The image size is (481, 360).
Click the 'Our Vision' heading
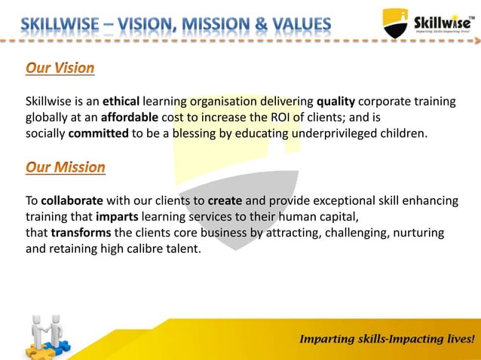[x=60, y=69]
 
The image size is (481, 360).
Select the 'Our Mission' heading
[x=66, y=167]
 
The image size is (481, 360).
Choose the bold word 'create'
[x=225, y=202]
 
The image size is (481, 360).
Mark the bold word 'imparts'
[x=117, y=218]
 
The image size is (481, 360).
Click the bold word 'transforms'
[x=82, y=233]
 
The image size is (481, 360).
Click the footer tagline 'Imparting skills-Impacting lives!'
[x=388, y=339]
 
